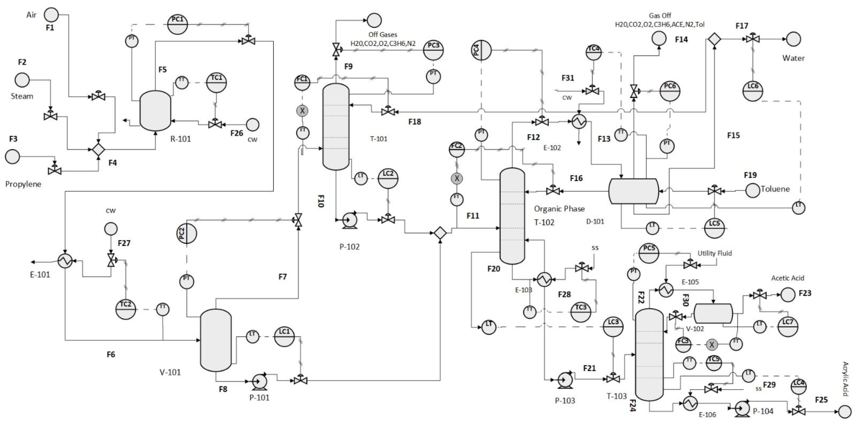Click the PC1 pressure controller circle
[177, 24]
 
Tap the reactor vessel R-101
[155, 111]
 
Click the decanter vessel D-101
[633, 191]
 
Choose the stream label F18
[414, 122]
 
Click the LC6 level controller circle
[752, 91]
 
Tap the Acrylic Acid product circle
[844, 412]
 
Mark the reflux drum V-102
[713, 313]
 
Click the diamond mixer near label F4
[98, 150]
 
